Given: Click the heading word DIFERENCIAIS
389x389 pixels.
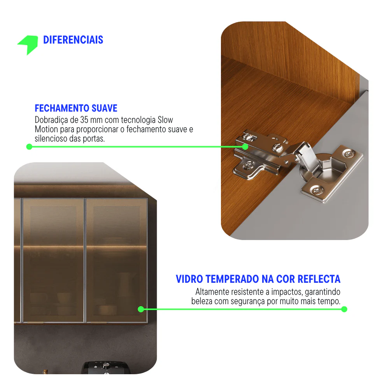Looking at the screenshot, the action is click(73, 40).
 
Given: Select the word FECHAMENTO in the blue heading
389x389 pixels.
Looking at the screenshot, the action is click(62, 108).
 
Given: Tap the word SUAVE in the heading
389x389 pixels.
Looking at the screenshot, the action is click(104, 108).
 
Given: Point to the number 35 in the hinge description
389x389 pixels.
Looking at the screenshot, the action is click(84, 120).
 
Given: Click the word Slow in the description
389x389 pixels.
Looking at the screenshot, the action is click(165, 120).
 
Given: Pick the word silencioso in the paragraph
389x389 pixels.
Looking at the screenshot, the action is click(51, 139).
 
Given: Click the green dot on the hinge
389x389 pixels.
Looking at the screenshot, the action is click(245, 147).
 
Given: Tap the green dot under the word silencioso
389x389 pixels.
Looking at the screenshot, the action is click(29, 147).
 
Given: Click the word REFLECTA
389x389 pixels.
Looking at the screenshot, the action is click(319, 279).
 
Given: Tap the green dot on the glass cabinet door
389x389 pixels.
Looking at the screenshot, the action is click(141, 309).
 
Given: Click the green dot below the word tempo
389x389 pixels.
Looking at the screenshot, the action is click(344, 309).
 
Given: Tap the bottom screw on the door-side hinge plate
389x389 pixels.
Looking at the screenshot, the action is click(317, 191).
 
